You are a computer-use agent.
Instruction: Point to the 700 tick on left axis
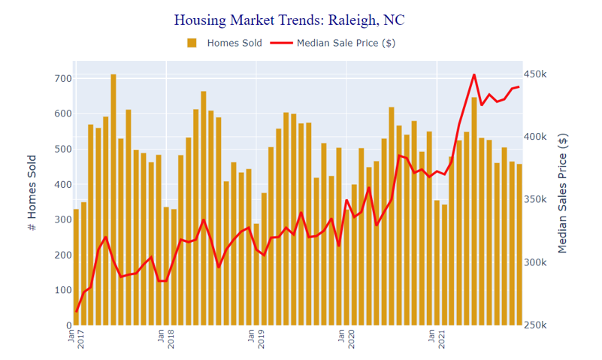point(63,78)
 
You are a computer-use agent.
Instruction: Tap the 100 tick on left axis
point(63,290)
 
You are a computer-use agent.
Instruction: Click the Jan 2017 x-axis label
point(76,339)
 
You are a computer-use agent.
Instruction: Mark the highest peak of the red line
point(474,74)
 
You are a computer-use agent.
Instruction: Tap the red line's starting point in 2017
point(76,311)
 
